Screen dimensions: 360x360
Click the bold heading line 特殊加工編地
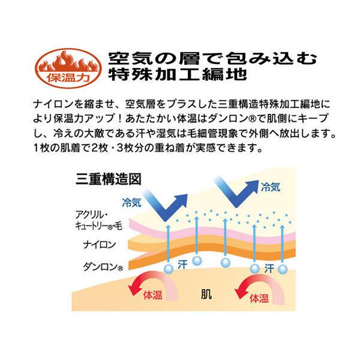pyautogui.click(x=178, y=76)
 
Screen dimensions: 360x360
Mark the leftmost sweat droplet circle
pyautogui.click(x=169, y=267)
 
